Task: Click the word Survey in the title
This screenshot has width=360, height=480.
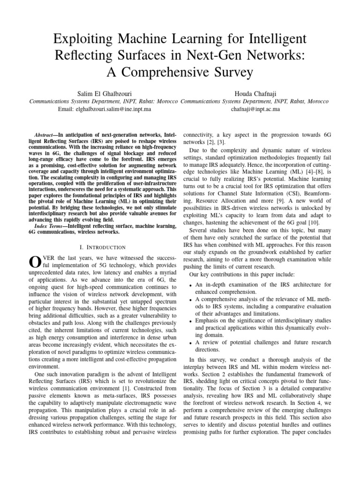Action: click(x=228, y=72)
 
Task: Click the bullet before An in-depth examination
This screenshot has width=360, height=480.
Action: click(x=188, y=285)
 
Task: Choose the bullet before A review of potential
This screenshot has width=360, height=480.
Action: click(x=188, y=343)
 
